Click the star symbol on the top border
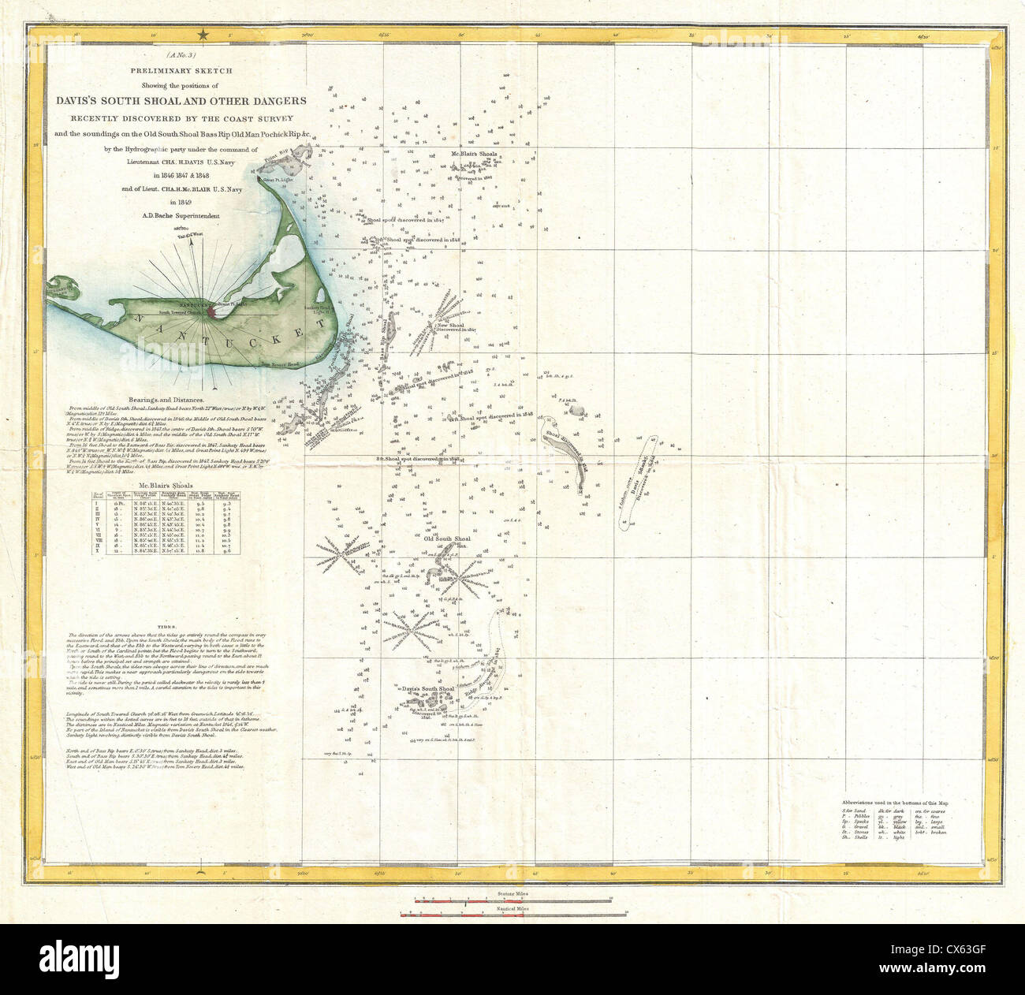[x=203, y=34]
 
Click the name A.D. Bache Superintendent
[x=181, y=215]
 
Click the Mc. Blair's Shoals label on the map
[x=472, y=154]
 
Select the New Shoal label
[x=450, y=325]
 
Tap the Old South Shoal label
[x=447, y=539]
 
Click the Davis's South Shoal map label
[x=430, y=689]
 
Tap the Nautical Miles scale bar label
[x=512, y=908]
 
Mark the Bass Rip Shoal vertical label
[x=385, y=338]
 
